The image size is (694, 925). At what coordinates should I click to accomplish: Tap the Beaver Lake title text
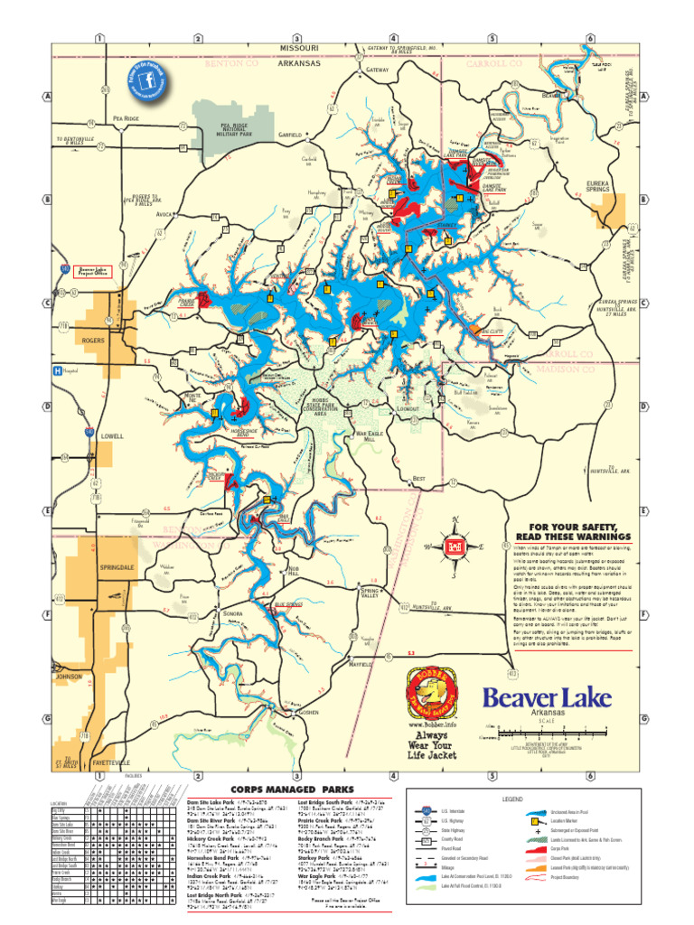pos(547,697)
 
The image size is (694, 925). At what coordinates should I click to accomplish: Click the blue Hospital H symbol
pos(58,370)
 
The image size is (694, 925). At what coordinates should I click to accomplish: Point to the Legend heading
pos(512,799)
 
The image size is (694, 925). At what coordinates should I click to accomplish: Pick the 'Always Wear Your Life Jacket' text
pos(431,745)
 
